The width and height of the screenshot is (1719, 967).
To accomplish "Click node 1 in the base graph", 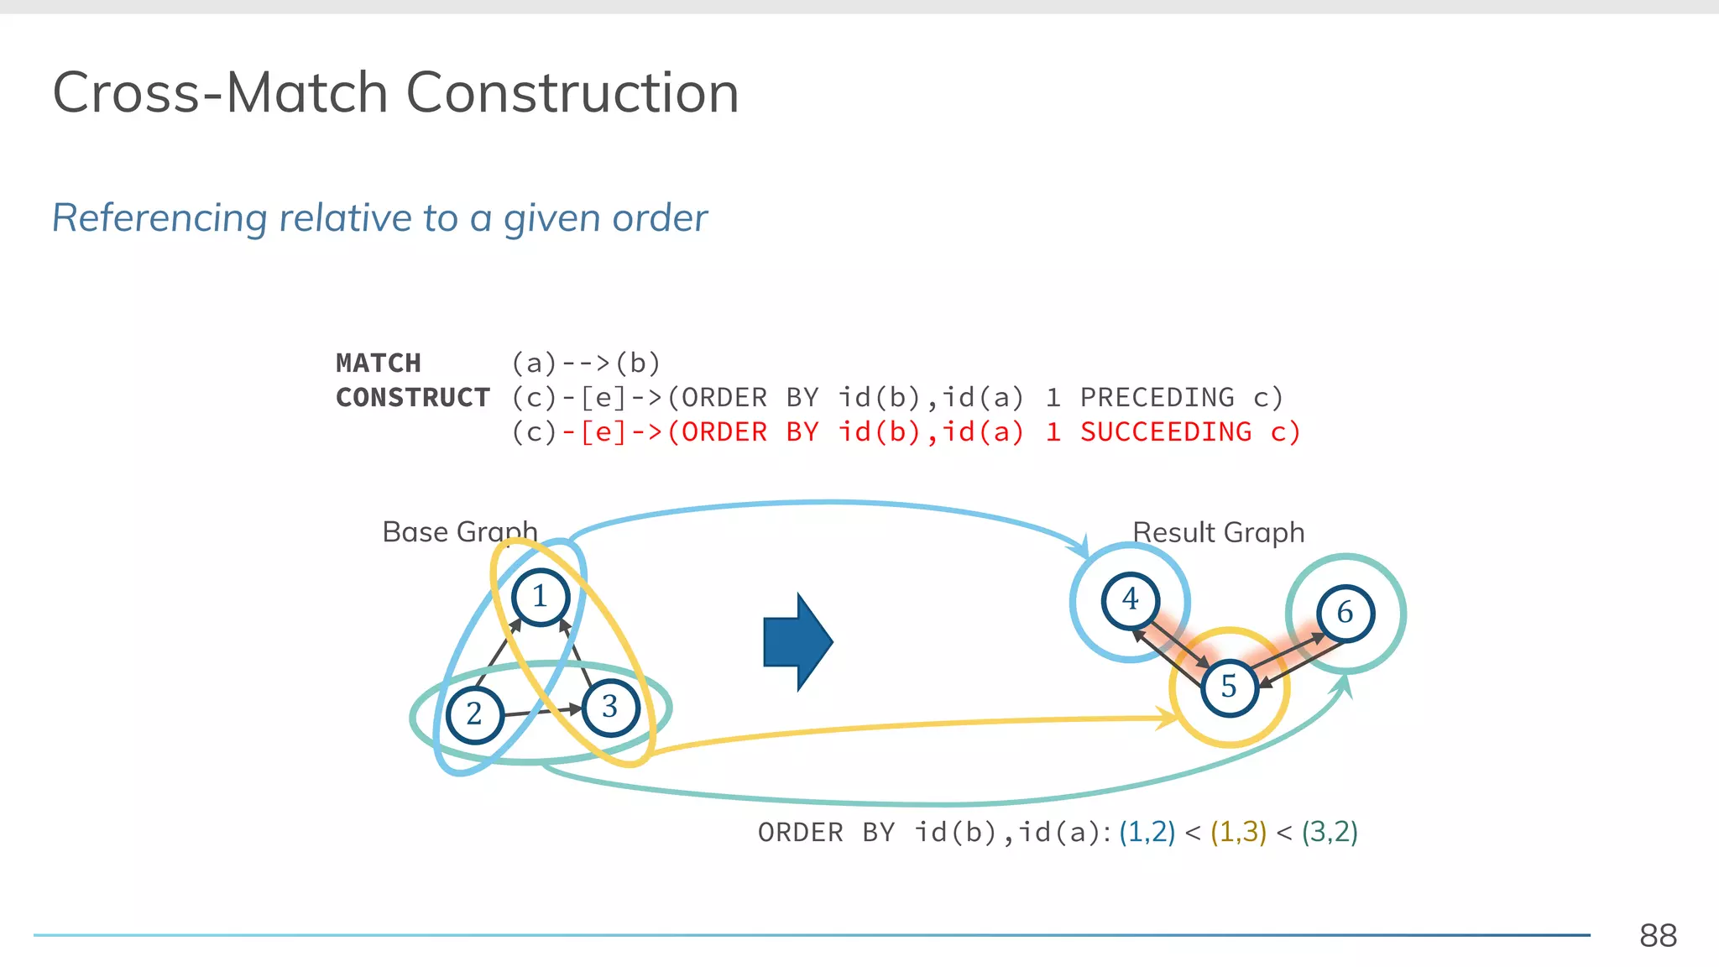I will pos(541,597).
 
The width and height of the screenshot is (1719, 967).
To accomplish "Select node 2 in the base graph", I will pos(474,714).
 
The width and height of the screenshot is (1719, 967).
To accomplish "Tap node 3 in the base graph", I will pos(610,708).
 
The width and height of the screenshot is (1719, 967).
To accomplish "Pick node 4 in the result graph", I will pos(1131,600).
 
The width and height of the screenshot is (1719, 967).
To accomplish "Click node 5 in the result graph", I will pos(1229,687).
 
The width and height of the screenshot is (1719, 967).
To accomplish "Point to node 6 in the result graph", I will pos(1345,613).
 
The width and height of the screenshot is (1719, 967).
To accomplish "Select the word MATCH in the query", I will pos(379,363).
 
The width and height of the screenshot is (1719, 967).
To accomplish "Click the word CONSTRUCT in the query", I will pos(413,398).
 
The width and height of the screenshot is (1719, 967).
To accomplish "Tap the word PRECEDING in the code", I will pos(1157,398).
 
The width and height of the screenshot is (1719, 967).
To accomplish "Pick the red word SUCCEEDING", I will pos(1165,432).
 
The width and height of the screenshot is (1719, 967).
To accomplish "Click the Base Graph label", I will pos(459,532).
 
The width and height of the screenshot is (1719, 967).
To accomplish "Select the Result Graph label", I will pos(1218,533).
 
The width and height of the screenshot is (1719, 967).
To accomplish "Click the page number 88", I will pos(1658,936).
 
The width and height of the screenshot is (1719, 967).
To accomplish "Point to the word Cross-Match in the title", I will pos(220,92).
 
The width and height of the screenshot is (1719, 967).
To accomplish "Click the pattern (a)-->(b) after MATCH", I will pos(586,363).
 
